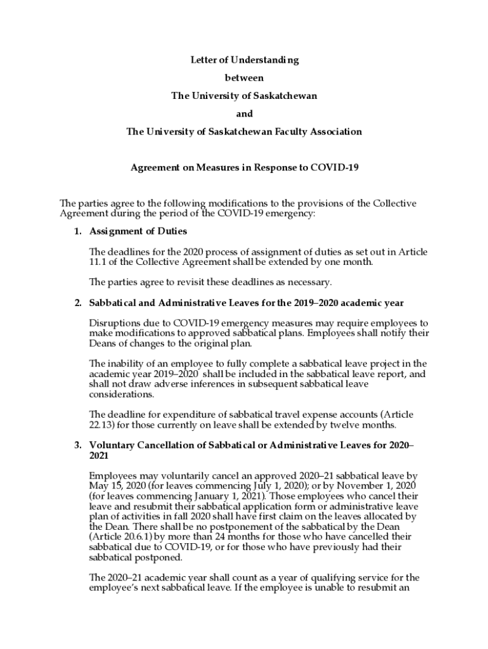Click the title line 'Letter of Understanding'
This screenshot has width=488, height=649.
pos(244,60)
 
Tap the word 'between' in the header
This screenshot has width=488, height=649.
pos(244,78)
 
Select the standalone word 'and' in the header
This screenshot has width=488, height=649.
pos(244,114)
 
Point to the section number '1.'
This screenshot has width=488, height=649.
pos(77,231)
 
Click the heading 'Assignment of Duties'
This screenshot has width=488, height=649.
pos(138,231)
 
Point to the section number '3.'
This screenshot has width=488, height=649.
pos(77,445)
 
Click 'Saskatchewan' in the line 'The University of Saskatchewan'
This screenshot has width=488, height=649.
pos(281,96)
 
